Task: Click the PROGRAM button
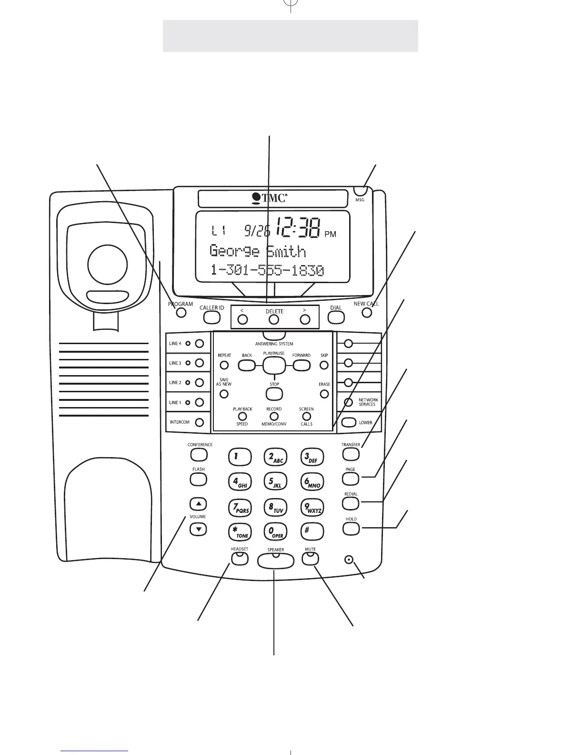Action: click(181, 313)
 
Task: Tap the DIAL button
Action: click(336, 316)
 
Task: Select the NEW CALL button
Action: click(366, 313)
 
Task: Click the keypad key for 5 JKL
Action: click(274, 482)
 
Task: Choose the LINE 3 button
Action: click(200, 363)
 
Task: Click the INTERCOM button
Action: click(200, 422)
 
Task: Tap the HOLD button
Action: click(351, 528)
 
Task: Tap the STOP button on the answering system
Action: click(274, 394)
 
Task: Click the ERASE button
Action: click(324, 394)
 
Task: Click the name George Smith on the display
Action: click(258, 251)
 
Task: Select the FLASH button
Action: click(198, 479)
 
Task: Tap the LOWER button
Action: click(349, 422)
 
